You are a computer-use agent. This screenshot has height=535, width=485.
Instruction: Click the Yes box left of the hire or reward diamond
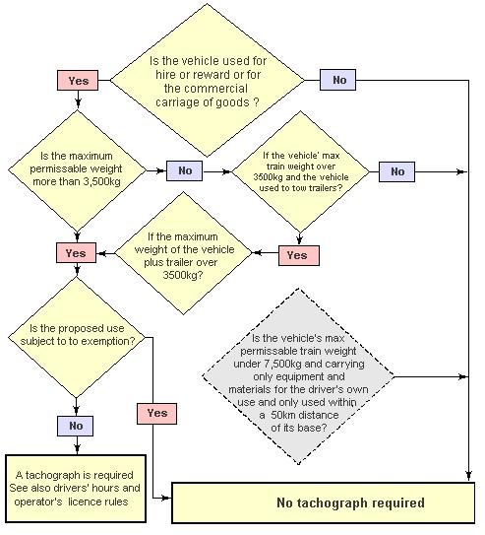78,81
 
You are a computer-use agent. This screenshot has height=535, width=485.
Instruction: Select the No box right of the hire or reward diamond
337,80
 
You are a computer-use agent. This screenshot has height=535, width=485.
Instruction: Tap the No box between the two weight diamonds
185,170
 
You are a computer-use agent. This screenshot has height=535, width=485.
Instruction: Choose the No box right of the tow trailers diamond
396,171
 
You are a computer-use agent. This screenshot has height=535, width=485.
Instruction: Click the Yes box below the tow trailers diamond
299,255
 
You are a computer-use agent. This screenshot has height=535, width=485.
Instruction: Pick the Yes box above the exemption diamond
77,253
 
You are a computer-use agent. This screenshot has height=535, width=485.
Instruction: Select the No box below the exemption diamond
76,426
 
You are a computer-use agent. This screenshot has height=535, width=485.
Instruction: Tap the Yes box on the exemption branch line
157,414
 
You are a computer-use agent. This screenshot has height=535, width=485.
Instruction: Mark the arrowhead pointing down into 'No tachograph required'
468,475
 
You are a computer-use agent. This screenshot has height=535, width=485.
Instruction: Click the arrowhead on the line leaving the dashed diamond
462,376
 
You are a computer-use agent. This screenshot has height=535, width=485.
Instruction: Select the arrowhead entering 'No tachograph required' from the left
166,499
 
